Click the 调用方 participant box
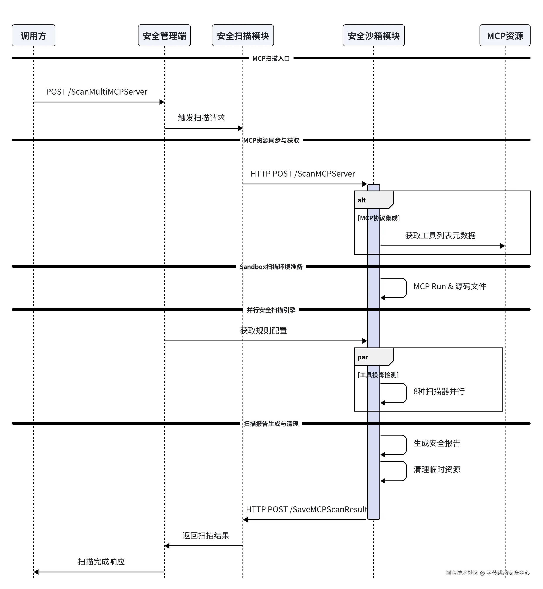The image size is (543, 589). (34, 36)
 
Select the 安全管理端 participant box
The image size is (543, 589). (164, 36)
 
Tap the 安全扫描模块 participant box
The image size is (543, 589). (243, 36)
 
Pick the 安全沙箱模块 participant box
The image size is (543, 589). (374, 36)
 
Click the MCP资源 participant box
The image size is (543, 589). (505, 36)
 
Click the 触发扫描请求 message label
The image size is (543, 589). (201, 118)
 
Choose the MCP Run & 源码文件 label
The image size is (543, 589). (450, 286)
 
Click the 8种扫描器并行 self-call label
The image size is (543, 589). (439, 392)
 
